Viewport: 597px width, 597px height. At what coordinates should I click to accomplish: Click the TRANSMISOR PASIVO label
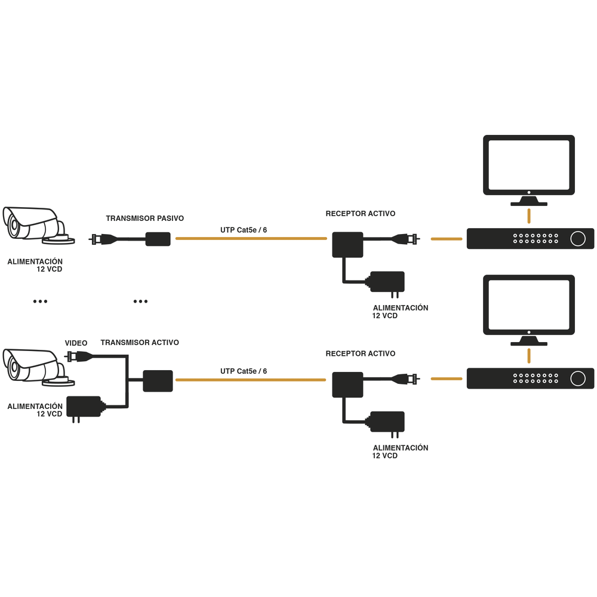tap(144, 219)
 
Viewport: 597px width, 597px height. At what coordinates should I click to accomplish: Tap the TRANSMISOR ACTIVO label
tap(140, 343)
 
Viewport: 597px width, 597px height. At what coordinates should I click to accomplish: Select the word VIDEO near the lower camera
tap(76, 343)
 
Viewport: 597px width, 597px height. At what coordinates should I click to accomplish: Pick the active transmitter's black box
tap(158, 381)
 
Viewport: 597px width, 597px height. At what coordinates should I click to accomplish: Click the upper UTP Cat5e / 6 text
tap(244, 229)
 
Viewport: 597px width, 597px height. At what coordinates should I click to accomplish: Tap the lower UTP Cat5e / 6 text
tap(244, 371)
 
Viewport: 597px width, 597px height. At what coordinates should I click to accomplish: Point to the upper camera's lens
tap(12, 226)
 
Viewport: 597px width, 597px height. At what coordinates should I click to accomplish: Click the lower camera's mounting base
tap(61, 380)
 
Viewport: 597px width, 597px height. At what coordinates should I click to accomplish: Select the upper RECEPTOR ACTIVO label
tap(360, 214)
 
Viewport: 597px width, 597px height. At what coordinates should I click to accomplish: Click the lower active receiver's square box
tap(347, 385)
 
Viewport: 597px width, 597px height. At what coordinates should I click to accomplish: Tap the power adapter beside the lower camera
tap(84, 407)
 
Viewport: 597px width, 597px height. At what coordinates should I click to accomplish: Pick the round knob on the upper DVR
tap(577, 239)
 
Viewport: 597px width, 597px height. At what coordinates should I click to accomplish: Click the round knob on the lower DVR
tap(577, 378)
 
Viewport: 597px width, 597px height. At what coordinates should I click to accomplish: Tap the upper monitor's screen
tap(528, 165)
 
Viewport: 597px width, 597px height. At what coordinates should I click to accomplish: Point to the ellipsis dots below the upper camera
tap(40, 302)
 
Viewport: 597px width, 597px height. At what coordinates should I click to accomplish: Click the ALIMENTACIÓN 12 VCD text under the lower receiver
tap(400, 451)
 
